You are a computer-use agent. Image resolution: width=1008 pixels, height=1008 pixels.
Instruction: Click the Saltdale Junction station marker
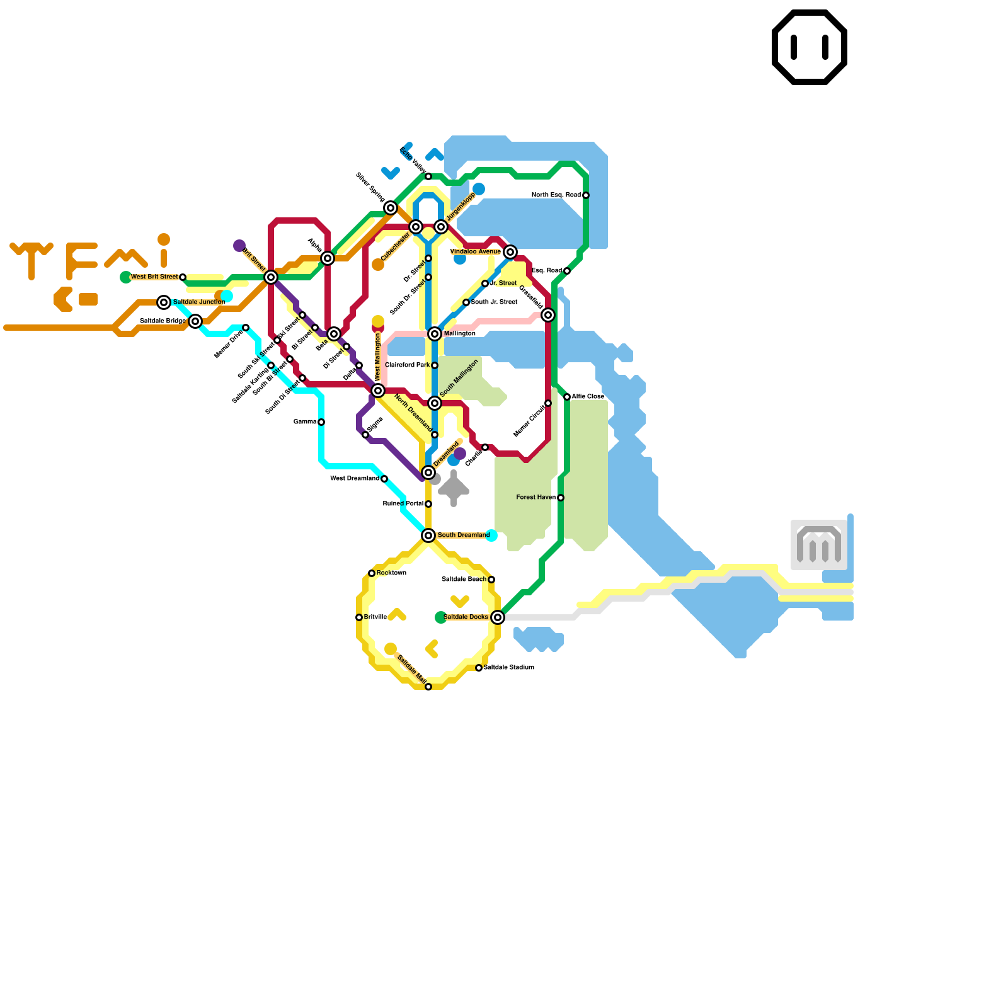click(164, 302)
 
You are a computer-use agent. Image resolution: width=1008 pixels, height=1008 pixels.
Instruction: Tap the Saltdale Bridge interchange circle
click(195, 321)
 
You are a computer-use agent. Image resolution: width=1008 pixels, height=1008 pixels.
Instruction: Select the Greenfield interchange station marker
click(548, 315)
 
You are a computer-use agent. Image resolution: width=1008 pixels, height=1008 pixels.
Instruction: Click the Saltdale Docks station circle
click(498, 617)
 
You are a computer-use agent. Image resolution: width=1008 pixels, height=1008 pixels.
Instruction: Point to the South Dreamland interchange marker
click(428, 535)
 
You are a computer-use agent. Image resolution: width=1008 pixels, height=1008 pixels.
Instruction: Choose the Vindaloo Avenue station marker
click(510, 252)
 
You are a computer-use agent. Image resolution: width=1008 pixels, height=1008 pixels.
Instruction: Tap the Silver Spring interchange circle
click(391, 208)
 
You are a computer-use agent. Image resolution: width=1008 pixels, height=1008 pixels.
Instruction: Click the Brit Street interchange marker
click(271, 277)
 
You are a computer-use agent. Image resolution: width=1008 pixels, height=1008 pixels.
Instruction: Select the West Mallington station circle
click(378, 391)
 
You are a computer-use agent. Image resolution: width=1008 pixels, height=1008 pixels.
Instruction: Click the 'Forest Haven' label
click(535, 498)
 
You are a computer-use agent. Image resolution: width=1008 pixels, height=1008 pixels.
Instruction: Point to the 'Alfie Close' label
click(588, 397)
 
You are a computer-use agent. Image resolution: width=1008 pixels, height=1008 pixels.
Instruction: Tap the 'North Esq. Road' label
click(556, 195)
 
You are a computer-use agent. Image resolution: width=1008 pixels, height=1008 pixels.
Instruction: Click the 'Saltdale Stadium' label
click(509, 668)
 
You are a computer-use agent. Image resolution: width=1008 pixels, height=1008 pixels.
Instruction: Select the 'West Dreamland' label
click(355, 479)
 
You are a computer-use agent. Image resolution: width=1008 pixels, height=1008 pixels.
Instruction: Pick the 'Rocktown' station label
click(391, 573)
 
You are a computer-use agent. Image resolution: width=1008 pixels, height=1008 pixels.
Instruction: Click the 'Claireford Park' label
click(407, 365)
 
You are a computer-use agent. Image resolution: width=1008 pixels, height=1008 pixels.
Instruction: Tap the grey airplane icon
click(454, 488)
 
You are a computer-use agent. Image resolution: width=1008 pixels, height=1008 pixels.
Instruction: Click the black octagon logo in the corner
click(810, 47)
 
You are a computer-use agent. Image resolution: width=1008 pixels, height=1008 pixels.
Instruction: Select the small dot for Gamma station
click(321, 422)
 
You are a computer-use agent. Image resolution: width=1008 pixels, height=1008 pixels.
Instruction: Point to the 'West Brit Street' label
click(154, 277)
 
